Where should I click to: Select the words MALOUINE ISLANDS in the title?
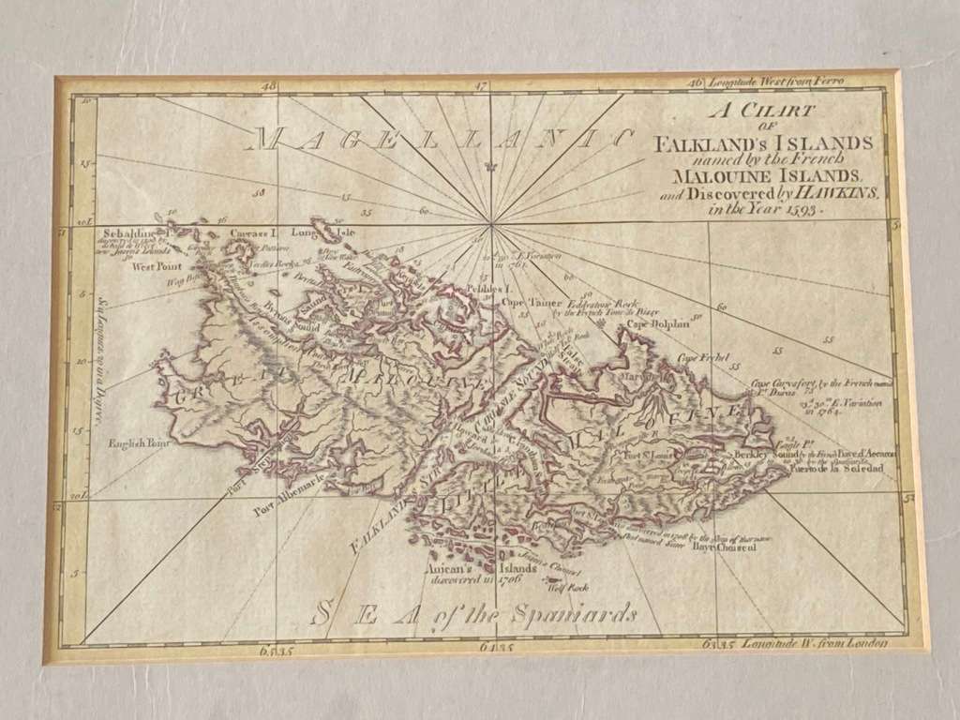click(x=765, y=175)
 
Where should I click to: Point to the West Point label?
click(x=156, y=267)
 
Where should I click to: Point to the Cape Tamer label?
click(x=528, y=303)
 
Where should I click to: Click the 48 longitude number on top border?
click(x=271, y=86)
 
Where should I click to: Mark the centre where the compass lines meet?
click(x=490, y=225)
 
